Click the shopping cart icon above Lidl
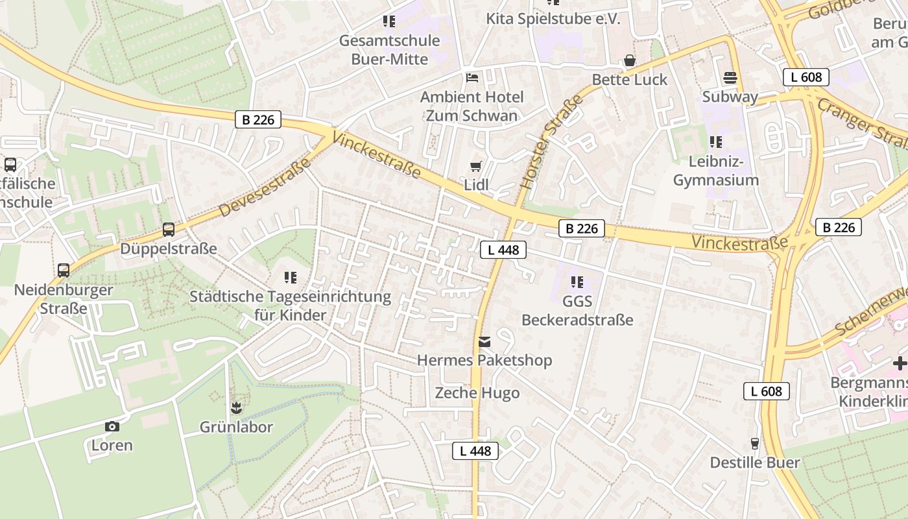(476, 167)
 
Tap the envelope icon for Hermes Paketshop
(484, 342)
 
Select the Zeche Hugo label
(477, 393)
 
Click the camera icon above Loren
(112, 426)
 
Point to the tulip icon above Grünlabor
(235, 408)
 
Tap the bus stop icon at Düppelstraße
(169, 230)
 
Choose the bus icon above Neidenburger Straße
(64, 271)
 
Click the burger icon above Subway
(730, 78)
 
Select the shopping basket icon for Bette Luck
(629, 61)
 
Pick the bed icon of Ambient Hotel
(472, 78)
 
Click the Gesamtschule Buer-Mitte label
(389, 50)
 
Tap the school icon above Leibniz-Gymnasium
(716, 141)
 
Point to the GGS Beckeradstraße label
(577, 311)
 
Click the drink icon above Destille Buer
(754, 444)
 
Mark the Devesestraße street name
(265, 187)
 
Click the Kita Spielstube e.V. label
(553, 19)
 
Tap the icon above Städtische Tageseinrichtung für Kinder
(291, 278)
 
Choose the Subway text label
(730, 97)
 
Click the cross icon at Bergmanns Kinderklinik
(900, 363)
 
